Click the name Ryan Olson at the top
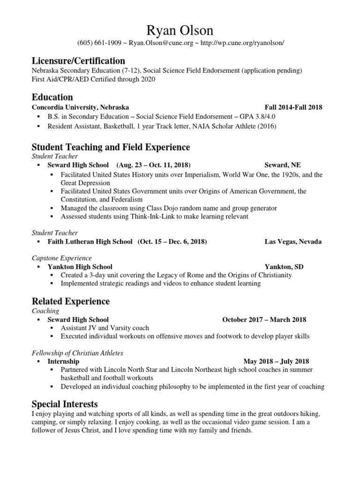[180, 30]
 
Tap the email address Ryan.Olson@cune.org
[155, 43]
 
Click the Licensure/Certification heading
[78, 61]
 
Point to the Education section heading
[52, 97]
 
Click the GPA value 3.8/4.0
[254, 117]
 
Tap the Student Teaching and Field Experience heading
[111, 147]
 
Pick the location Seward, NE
[283, 165]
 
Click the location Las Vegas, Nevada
[293, 242]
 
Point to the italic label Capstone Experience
[61, 258]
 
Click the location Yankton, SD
[284, 267]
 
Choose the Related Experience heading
[70, 301]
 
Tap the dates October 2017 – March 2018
[264, 320]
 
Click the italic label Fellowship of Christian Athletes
[77, 352]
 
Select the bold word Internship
[63, 361]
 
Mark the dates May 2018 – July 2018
[276, 361]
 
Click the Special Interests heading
[65, 404]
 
